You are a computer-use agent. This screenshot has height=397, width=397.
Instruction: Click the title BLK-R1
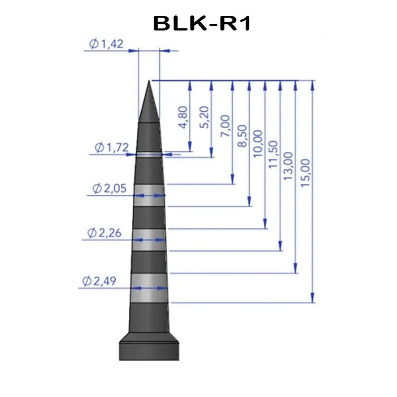pyautogui.click(x=202, y=24)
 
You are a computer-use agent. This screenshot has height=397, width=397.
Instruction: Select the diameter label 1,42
pyautogui.click(x=107, y=44)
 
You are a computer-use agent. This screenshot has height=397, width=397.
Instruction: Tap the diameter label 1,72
pyautogui.click(x=112, y=147)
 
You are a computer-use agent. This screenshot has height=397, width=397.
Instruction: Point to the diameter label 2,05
pyautogui.click(x=109, y=188)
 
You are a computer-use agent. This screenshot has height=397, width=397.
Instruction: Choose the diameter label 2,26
pyautogui.click(x=104, y=233)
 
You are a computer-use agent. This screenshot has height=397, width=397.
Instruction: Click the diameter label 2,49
pyautogui.click(x=99, y=281)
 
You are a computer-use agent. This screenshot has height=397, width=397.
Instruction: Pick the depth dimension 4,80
pyautogui.click(x=183, y=117)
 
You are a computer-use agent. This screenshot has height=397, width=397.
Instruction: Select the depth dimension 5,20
pyautogui.click(x=204, y=117)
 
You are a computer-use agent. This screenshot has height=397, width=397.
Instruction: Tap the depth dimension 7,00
pyautogui.click(x=225, y=126)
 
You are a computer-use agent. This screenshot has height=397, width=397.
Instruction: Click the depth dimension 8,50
pyautogui.click(x=242, y=136)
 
